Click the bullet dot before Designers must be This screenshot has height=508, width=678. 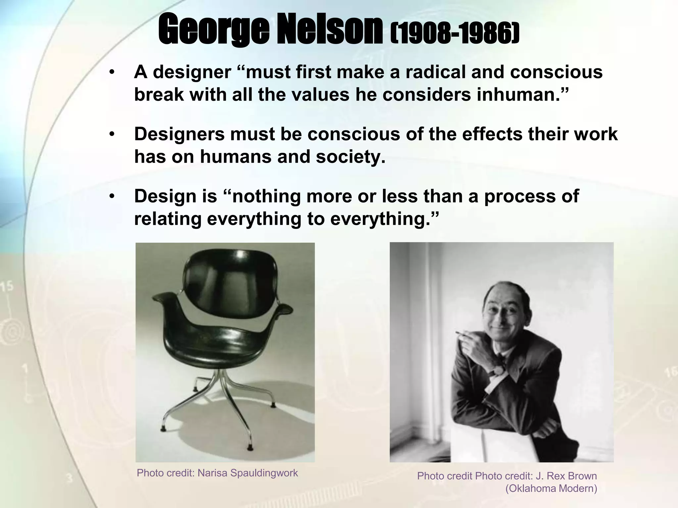click(112, 134)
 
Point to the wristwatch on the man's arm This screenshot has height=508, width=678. click(498, 371)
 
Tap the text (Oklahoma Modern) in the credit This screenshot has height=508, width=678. click(551, 488)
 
